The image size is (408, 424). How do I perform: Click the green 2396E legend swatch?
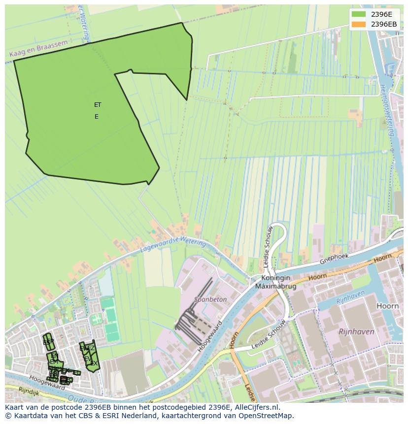[x=359, y=14]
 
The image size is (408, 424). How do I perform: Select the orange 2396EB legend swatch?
[x=359, y=24]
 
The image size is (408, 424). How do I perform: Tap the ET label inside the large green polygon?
[x=98, y=105]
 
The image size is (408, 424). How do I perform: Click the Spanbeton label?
[x=210, y=299]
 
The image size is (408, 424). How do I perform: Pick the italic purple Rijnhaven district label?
[x=356, y=332]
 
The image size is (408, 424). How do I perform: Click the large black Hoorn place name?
[x=387, y=306]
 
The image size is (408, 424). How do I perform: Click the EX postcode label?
[x=94, y=363]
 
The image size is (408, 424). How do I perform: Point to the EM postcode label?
[x=54, y=362]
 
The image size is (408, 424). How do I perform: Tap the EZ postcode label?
[x=91, y=349]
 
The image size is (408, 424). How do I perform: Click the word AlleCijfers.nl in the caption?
[x=256, y=407]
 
